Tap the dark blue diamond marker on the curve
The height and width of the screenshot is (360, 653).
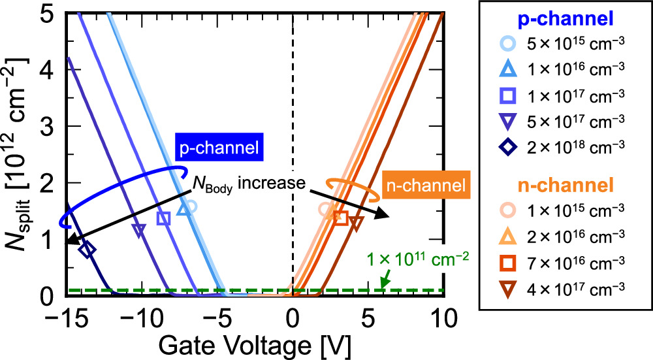(x=88, y=249)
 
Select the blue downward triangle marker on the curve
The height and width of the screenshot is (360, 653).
(x=138, y=230)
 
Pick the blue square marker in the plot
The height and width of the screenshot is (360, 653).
(x=164, y=218)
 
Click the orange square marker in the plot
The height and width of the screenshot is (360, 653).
(x=340, y=218)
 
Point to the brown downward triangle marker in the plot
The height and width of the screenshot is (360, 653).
(x=356, y=223)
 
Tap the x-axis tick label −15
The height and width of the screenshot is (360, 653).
(x=66, y=319)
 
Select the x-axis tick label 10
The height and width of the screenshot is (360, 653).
(x=443, y=319)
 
